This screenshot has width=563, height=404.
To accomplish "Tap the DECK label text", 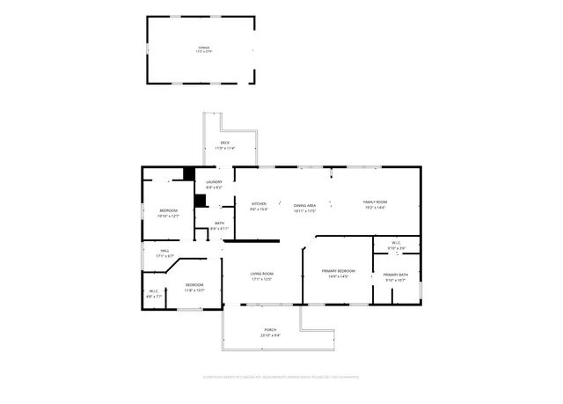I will pos(225,143).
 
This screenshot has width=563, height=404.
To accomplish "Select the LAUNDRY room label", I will pos(214,181).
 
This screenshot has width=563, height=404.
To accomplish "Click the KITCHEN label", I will pos(259,203).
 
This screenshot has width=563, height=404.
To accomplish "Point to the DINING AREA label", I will pos(304,205).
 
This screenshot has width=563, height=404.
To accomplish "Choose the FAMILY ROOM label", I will pos(375,202).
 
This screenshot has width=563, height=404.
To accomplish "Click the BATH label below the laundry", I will pos(219,223).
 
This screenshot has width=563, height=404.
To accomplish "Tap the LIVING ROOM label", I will pos(262,274).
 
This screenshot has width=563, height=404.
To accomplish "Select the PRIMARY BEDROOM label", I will pos(338,270).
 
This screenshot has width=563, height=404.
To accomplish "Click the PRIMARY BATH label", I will pos(395,275).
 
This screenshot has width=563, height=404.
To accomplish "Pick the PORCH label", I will pos(270,329).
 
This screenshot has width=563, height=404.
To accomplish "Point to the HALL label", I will pos(165,250).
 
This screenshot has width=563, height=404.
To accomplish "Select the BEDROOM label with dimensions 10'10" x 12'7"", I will pos(168,210).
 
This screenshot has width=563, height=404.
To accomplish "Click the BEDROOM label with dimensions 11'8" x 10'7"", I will pos(194,284).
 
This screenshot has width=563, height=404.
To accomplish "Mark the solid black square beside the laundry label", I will pos(188,173).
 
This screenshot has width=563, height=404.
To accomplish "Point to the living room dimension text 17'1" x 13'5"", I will pos(262,279).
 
